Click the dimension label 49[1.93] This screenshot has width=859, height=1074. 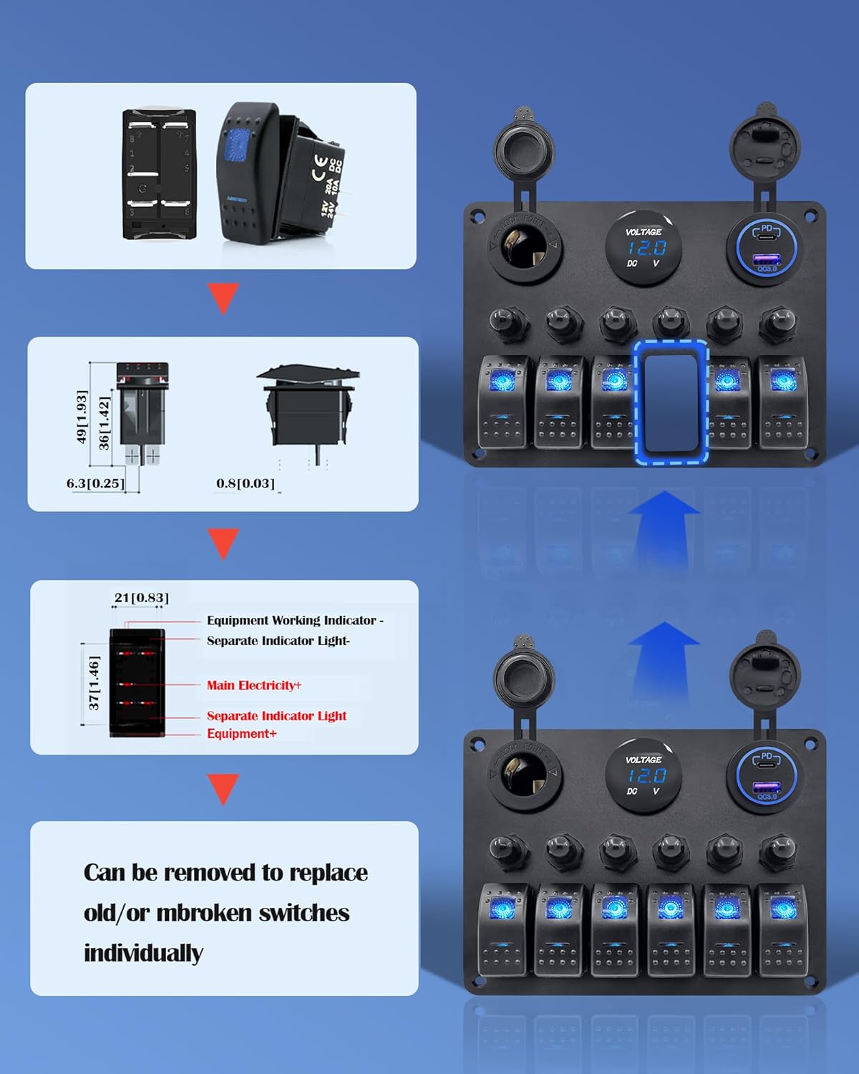coord(82,417)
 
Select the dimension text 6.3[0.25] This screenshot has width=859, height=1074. coord(95,483)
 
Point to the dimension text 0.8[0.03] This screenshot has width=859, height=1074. coord(246,483)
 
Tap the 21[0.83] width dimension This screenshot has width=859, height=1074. coord(142,598)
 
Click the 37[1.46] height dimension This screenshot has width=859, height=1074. coord(94,683)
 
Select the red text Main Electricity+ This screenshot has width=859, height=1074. coord(254,685)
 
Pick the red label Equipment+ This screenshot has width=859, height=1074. coord(241,734)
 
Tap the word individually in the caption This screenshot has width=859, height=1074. coord(143,953)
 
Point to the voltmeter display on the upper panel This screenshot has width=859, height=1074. coord(644,248)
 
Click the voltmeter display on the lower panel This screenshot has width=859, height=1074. coord(644,775)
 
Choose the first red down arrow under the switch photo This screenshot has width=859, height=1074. coord(223,298)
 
